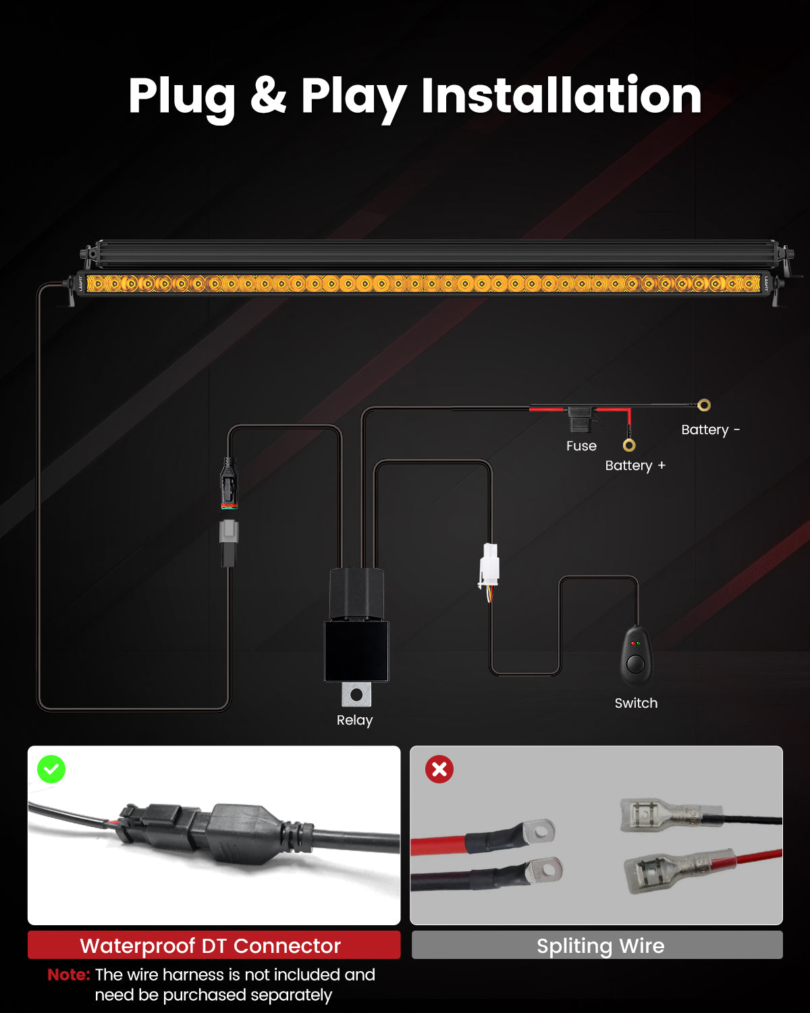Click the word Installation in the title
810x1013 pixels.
pyautogui.click(x=561, y=95)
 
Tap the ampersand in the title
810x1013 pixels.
pyautogui.click(x=268, y=95)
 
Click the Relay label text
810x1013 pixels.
pyautogui.click(x=354, y=720)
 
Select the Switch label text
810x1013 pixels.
pyautogui.click(x=636, y=703)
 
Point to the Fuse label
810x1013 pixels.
pyautogui.click(x=581, y=446)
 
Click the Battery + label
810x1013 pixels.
pyautogui.click(x=635, y=465)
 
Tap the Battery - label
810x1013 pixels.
pyautogui.click(x=710, y=430)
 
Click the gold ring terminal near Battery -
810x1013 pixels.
pyautogui.click(x=704, y=405)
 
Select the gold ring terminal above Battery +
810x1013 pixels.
pyautogui.click(x=629, y=445)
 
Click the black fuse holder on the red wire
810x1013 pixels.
pyautogui.click(x=580, y=419)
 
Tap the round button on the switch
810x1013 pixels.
pyautogui.click(x=636, y=665)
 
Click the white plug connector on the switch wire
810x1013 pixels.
pyautogui.click(x=489, y=565)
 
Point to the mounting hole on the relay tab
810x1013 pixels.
pyautogui.click(x=356, y=694)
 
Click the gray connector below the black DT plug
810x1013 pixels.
pyautogui.click(x=229, y=531)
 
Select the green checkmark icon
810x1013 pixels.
pyautogui.click(x=51, y=769)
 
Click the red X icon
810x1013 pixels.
pyautogui.click(x=439, y=769)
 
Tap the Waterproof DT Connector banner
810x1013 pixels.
pyautogui.click(x=214, y=945)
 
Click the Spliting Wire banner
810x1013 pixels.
pyautogui.click(x=597, y=945)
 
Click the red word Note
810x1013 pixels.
pyautogui.click(x=69, y=975)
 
